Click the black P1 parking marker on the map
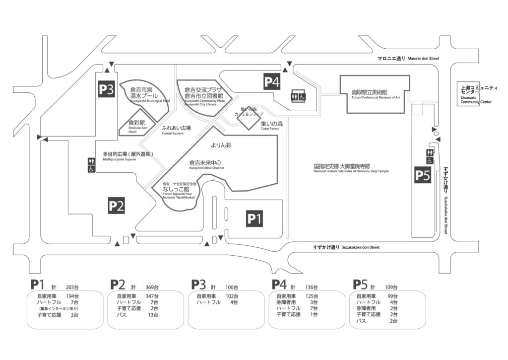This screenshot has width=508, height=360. coord(254,218)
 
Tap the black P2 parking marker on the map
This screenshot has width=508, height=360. coord(116,206)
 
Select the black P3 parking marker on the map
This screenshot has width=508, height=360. coord(106,90)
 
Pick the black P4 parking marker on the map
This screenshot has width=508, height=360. coord(272,81)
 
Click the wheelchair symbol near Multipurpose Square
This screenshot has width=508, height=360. coord(91,169)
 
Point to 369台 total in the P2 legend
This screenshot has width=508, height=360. coord(151,288)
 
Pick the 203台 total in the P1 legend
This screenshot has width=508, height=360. coord(72,288)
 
